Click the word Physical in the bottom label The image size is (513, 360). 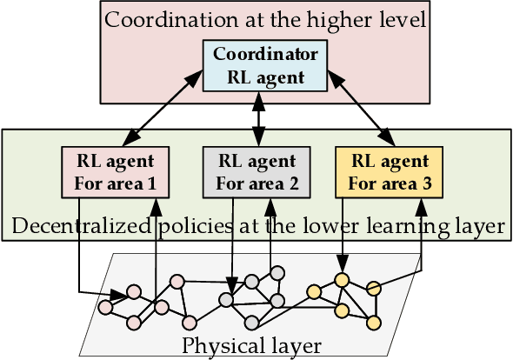point(217,346)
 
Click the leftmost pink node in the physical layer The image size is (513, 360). point(105,307)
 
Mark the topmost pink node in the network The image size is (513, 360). point(177,281)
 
